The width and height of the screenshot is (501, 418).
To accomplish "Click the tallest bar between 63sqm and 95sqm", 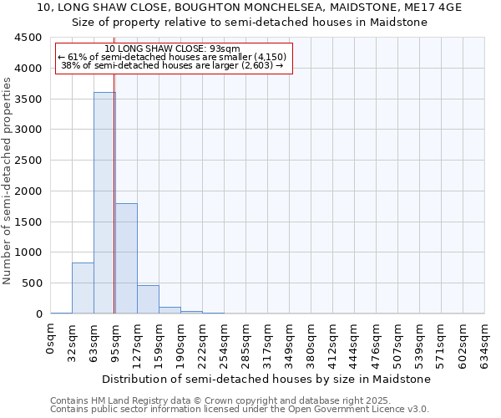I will pos(104,202).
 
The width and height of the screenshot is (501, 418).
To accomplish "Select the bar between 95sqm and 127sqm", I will pos(126,258).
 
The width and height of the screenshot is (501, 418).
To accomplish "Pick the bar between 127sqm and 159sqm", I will pos(148,299).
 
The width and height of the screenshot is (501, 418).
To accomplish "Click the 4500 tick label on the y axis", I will pos(28,38).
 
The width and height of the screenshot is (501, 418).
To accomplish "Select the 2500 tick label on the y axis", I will pos(28,161).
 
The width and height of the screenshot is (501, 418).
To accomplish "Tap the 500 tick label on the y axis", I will pos(32,283).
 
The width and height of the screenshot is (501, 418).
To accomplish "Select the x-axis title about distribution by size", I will pos(267,379).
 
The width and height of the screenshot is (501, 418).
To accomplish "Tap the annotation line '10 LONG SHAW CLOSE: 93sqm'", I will pos(173,48).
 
